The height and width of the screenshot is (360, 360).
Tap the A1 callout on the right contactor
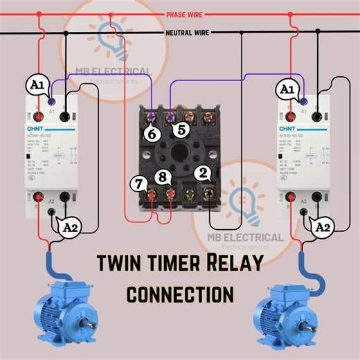285,89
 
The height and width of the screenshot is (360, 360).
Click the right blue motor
291,317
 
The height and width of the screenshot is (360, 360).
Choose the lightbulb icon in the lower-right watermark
245,199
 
